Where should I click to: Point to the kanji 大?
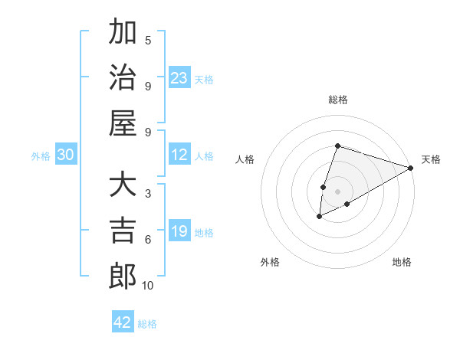pos(123,185)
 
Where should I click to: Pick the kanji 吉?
pos(123,230)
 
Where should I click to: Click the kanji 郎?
pos(123,275)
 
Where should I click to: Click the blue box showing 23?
pos(179,77)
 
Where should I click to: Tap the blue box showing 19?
pos(179,231)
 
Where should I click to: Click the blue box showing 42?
pos(123,322)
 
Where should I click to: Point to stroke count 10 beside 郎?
pos(147,286)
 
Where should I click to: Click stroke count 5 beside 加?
pos(148,40)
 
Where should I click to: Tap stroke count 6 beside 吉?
pos(148,240)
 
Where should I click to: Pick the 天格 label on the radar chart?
pos(431,159)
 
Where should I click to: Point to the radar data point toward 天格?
pos(411,168)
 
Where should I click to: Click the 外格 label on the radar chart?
pos(270,263)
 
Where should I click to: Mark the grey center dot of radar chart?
pos(338,191)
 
